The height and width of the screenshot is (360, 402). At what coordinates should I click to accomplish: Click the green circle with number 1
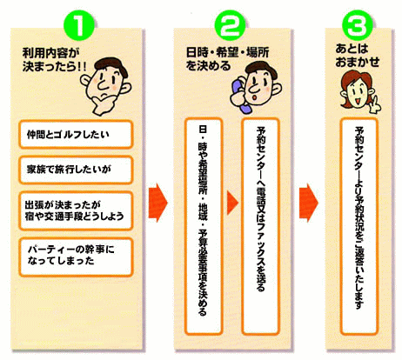click(x=78, y=25)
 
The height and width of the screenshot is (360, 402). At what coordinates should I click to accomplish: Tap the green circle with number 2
click(x=230, y=25)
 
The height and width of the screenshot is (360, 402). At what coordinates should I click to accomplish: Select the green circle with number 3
click(x=358, y=25)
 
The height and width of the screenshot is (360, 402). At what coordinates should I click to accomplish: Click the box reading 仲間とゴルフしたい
click(x=76, y=135)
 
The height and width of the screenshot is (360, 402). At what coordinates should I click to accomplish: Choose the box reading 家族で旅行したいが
click(x=76, y=170)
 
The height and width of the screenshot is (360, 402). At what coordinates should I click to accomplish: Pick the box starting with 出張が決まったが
click(x=76, y=210)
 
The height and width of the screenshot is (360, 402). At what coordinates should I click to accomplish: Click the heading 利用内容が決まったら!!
click(x=54, y=60)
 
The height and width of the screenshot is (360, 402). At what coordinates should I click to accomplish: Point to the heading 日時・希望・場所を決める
click(x=227, y=59)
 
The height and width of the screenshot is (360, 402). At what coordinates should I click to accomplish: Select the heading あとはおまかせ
click(x=358, y=56)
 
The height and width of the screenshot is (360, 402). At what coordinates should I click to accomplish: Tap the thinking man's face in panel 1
click(x=105, y=84)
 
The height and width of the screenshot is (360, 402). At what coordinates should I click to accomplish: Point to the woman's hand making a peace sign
click(x=376, y=105)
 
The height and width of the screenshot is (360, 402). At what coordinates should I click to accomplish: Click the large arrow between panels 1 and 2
click(x=158, y=203)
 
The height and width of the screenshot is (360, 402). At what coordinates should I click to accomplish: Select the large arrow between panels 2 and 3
click(x=309, y=203)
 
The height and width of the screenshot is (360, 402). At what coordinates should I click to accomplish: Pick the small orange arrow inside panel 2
click(x=232, y=203)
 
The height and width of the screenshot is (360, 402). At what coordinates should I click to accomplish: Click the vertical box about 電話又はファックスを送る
click(x=261, y=226)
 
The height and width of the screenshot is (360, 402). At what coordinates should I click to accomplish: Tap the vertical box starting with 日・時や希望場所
click(x=204, y=226)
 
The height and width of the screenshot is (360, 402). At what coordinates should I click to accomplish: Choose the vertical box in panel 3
click(x=359, y=226)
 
